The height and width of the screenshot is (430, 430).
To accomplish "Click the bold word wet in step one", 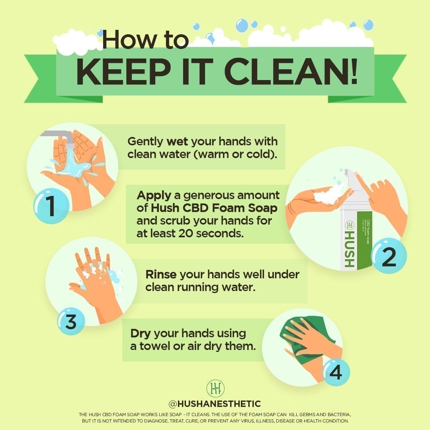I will tap(177, 141).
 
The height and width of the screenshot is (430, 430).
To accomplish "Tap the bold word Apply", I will tap(154, 195).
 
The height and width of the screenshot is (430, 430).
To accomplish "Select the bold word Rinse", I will tap(161, 274).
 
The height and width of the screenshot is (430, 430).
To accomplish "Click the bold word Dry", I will tap(141, 333).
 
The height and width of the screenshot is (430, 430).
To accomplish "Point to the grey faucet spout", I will tap(60, 135).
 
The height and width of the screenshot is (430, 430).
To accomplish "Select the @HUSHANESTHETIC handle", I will tap(215, 404).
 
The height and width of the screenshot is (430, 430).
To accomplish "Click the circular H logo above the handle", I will tap(215, 388).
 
